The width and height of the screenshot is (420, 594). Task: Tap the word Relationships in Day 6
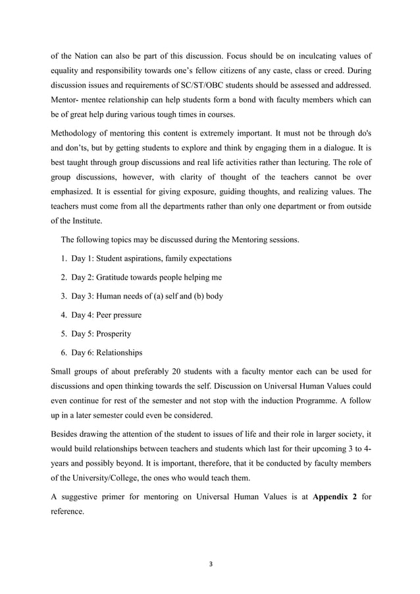click(x=118, y=353)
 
